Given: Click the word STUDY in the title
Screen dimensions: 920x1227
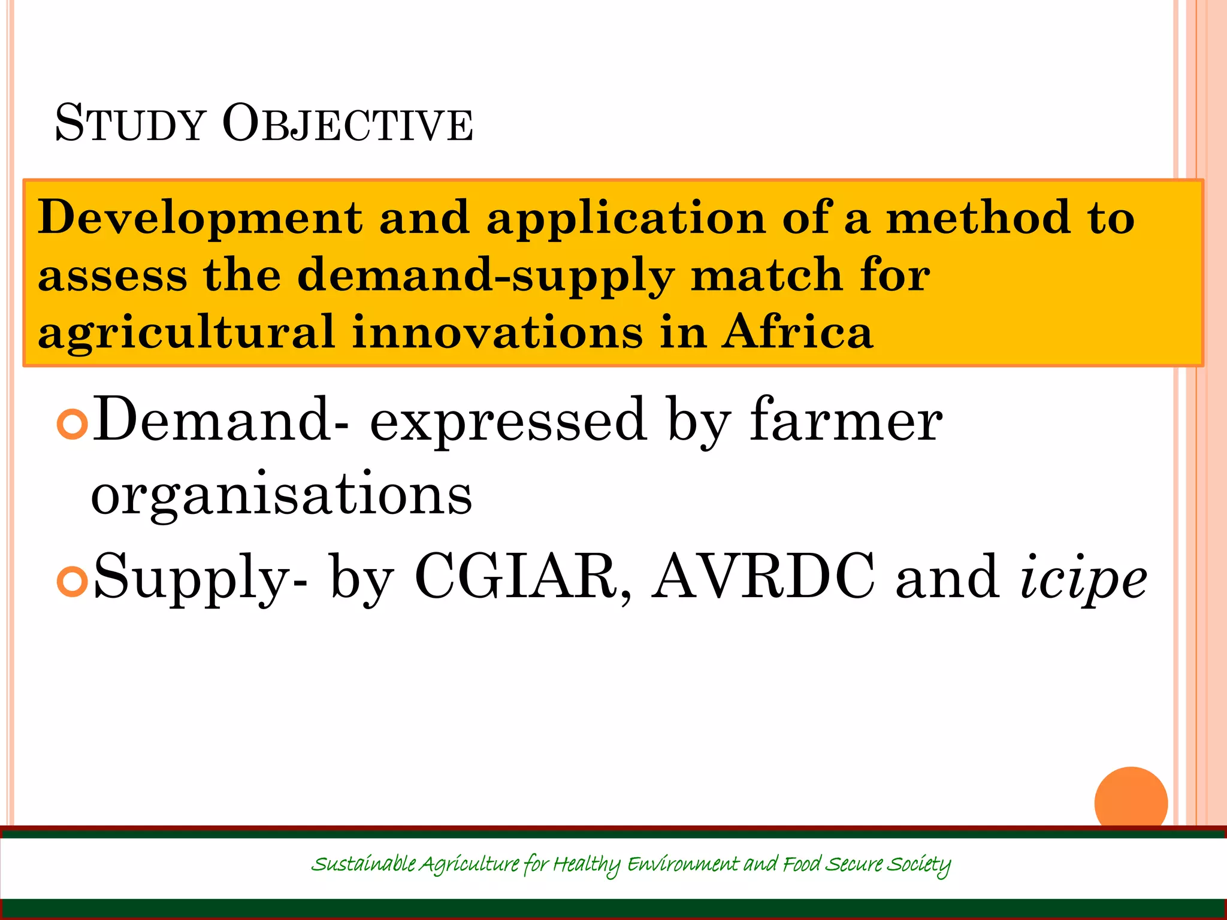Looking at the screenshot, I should [130, 124].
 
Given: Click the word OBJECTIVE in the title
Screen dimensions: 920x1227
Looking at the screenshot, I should [347, 124].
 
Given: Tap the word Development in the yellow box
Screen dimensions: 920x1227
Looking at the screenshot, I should [200, 218].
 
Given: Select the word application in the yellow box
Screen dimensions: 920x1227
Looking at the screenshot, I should [626, 218].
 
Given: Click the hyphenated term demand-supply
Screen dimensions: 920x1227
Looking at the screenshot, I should [485, 276].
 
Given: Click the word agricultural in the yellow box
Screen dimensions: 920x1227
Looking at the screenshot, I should [186, 333].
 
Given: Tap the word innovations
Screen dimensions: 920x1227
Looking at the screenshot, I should [497, 332].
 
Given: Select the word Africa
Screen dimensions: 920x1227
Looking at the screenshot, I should [797, 332].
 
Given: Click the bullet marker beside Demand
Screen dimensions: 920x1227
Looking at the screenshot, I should [72, 424].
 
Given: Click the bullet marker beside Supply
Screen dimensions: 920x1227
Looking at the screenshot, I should [72, 581].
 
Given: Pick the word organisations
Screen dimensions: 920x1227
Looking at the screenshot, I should [282, 496].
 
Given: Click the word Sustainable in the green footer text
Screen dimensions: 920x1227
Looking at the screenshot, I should [363, 864].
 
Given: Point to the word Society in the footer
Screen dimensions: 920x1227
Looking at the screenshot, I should [918, 864].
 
